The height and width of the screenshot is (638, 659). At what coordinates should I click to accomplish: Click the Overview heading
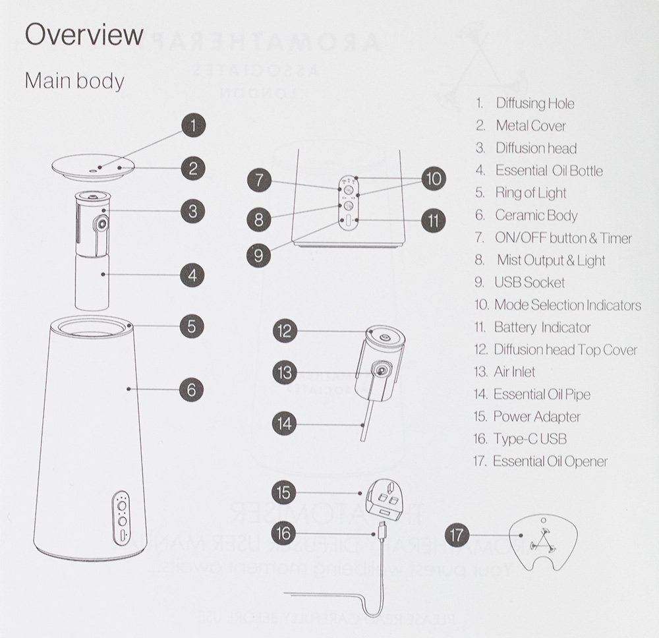pos(84,35)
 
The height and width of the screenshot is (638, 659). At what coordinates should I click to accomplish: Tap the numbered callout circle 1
pos(192,125)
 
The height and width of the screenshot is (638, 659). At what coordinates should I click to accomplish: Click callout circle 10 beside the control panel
pos(432,179)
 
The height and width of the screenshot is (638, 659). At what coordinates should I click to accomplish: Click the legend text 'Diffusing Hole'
pos(534,103)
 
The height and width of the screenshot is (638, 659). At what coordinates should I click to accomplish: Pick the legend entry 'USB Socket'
pos(529,283)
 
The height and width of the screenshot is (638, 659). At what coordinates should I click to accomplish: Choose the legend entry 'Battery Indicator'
pos(542,328)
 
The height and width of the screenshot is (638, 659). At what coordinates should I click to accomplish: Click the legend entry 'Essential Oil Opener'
pos(550,461)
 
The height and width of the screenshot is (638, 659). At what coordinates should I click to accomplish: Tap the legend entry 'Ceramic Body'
pos(536,216)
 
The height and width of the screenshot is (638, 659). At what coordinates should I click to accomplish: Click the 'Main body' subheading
pos(74,81)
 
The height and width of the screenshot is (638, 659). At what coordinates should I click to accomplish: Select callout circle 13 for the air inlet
pos(284,372)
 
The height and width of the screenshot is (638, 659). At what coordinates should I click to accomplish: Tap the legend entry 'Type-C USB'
pos(529,439)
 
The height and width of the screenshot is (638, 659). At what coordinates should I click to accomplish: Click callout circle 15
pos(284,492)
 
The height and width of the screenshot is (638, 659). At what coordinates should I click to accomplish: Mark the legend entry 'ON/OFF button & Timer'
pos(563,238)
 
